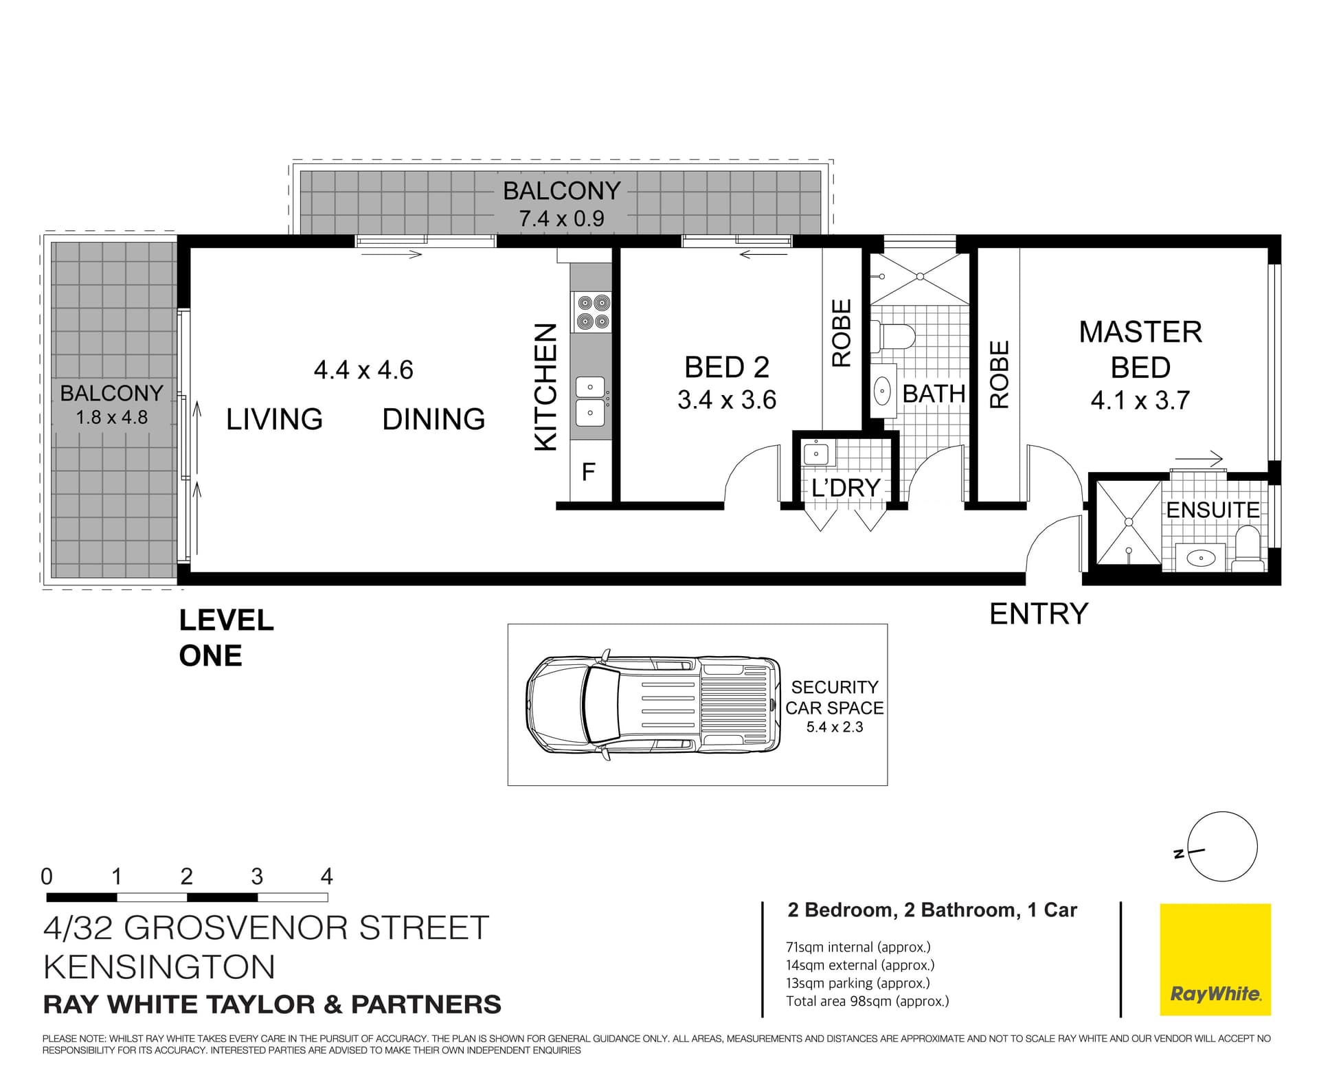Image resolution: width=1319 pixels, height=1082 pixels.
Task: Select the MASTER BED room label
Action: [1140, 350]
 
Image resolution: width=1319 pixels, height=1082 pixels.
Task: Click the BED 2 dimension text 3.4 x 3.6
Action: [727, 400]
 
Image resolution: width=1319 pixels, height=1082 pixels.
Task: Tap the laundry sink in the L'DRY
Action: [816, 453]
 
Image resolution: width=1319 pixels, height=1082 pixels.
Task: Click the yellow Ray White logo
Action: [1215, 959]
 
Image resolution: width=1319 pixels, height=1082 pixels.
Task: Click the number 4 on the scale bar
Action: [327, 877]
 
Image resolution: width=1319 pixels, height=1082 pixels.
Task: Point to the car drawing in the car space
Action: [654, 704]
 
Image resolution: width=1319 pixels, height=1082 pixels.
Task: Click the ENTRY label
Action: [1039, 613]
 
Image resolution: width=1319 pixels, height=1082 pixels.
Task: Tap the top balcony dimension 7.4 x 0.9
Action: [562, 218]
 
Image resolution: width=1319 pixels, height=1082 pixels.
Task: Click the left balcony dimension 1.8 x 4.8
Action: [111, 417]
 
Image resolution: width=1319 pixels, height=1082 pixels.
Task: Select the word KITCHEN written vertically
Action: [545, 387]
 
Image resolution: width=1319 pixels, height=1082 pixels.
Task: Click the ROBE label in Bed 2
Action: [842, 333]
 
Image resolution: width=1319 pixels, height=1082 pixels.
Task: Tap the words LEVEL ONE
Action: [227, 638]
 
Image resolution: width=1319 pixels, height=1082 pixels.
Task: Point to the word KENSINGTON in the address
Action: [159, 967]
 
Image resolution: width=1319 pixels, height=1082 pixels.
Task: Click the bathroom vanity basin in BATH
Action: [882, 392]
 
